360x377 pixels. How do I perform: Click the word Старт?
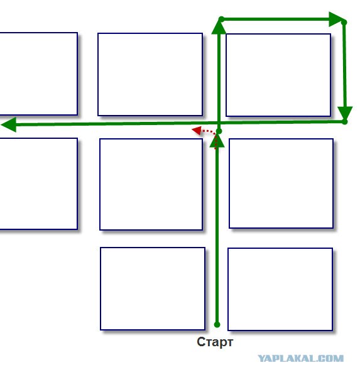tap(215, 342)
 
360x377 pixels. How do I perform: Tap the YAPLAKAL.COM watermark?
tap(300, 359)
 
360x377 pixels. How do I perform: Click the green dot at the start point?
tap(217, 325)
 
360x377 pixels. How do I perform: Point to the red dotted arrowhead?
tap(197, 130)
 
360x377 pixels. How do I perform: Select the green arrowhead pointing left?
tap(9, 124)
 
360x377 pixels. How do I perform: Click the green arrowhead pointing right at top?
tap(336, 19)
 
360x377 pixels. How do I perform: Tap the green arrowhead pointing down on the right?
tap(345, 113)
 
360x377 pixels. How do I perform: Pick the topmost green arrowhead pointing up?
tap(219, 26)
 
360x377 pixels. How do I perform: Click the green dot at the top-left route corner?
tap(221, 19)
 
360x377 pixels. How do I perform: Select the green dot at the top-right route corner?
tap(344, 23)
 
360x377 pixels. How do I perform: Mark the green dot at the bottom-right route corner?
tap(345, 122)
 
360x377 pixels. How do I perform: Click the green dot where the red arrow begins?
tap(219, 131)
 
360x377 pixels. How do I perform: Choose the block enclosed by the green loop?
tap(278, 75)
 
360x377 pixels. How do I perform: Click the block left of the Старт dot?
tap(153, 288)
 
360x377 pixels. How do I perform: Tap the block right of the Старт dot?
tap(280, 289)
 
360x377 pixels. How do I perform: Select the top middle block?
tap(150, 74)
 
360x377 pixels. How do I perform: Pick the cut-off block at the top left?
tap(38, 74)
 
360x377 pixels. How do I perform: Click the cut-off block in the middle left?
tap(38, 183)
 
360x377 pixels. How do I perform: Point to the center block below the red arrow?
tap(151, 184)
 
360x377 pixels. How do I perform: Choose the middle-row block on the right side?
tap(281, 183)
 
